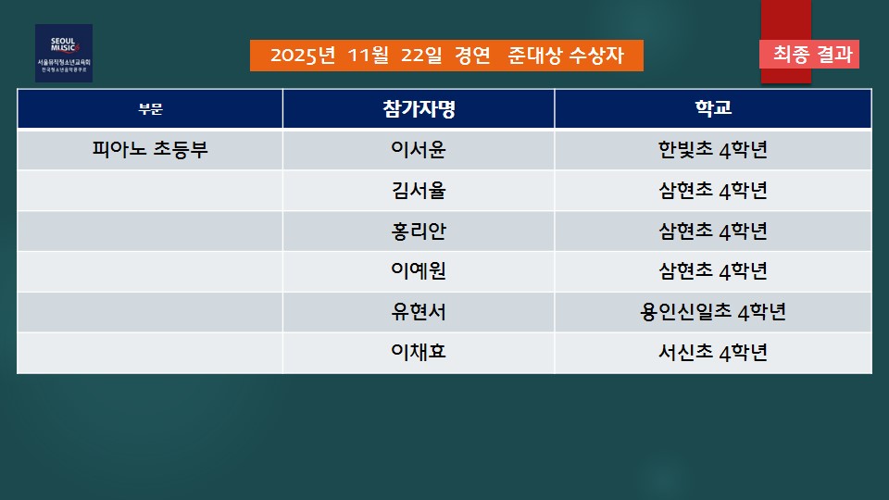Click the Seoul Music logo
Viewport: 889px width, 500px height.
[64, 54]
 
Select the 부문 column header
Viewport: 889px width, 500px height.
[150, 109]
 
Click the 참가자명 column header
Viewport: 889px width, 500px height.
[419, 109]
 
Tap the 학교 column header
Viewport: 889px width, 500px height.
[713, 108]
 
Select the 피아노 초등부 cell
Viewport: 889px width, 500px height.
[150, 150]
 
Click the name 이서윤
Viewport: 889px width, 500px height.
[419, 150]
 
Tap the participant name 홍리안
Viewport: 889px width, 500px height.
[419, 231]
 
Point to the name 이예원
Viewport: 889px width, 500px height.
[419, 271]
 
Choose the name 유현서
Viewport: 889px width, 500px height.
[419, 312]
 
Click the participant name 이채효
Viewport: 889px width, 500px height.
[419, 352]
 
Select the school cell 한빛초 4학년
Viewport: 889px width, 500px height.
[713, 150]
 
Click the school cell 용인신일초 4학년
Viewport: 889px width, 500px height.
[713, 312]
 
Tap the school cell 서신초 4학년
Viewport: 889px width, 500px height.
[713, 352]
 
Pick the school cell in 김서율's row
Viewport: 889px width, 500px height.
[713, 191]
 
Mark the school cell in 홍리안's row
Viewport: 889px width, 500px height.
[713, 231]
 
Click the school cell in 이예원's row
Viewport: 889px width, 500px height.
[713, 271]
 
